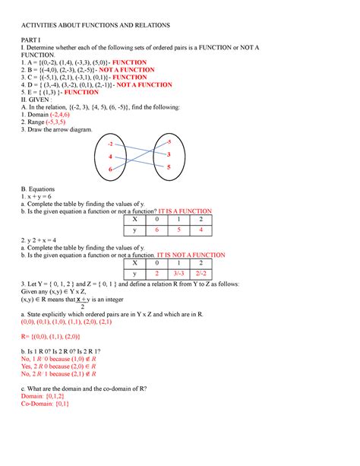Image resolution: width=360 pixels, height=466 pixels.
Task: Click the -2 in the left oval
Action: coord(112,144)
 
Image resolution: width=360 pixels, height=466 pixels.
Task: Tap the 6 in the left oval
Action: coord(112,168)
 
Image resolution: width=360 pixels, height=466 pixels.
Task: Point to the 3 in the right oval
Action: coord(168,154)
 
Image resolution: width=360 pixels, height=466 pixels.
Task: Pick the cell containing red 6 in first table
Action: coord(157,230)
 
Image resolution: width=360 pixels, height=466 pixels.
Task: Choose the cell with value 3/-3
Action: coord(179,274)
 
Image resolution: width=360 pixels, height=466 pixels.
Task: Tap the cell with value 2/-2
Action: coord(201,274)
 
